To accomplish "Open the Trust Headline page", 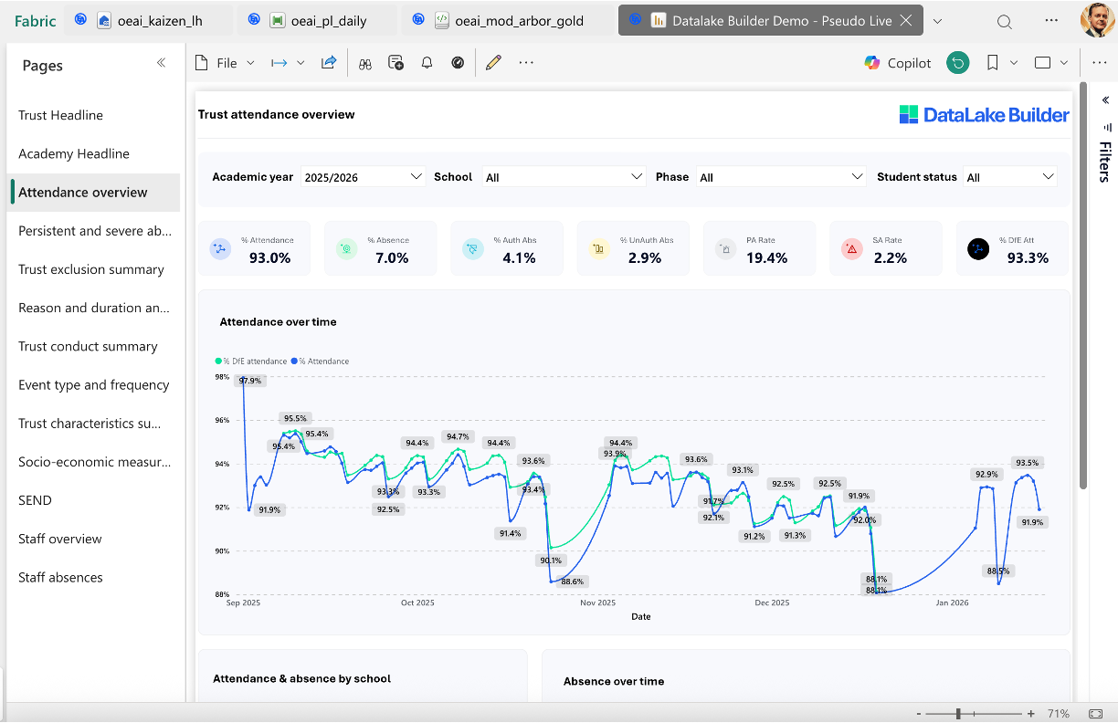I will click(x=60, y=115).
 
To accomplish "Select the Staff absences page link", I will click(x=60, y=577).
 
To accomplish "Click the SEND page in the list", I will click(x=35, y=500).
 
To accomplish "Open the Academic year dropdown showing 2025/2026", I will click(x=364, y=177).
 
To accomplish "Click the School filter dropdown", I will click(x=564, y=177).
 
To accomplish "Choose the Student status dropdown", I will click(x=1009, y=177).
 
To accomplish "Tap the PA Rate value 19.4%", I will click(x=766, y=258).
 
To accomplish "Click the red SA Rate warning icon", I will click(x=851, y=248).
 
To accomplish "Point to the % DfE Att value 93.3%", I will click(x=1027, y=258).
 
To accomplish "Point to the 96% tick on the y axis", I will click(x=222, y=421).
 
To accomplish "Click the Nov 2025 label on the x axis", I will click(x=598, y=602).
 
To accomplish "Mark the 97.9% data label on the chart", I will click(x=250, y=381).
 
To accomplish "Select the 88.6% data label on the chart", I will click(x=573, y=582).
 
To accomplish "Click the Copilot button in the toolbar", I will click(x=898, y=63).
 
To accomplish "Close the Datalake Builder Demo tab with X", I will click(x=905, y=20).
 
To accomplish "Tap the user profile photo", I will click(x=1096, y=20).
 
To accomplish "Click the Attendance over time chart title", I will click(x=278, y=322).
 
